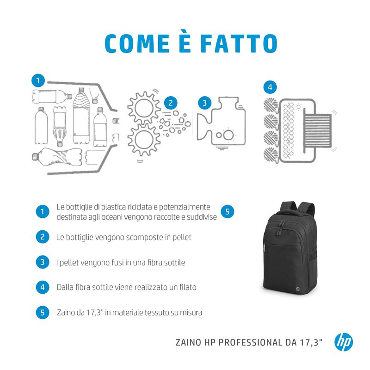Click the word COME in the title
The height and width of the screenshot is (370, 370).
[x=136, y=43]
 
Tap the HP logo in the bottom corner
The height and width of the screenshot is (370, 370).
[x=343, y=342]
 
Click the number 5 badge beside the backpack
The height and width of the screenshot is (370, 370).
[x=228, y=212]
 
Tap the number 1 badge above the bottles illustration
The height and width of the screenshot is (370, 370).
[x=38, y=80]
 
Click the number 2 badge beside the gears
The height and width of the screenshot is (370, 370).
[x=170, y=103]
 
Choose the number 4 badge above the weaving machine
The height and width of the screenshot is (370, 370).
[x=270, y=87]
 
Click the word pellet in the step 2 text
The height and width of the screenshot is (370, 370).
[x=181, y=237]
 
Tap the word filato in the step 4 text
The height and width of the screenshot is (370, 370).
[x=186, y=287]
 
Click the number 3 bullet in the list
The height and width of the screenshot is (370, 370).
[x=42, y=262]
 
